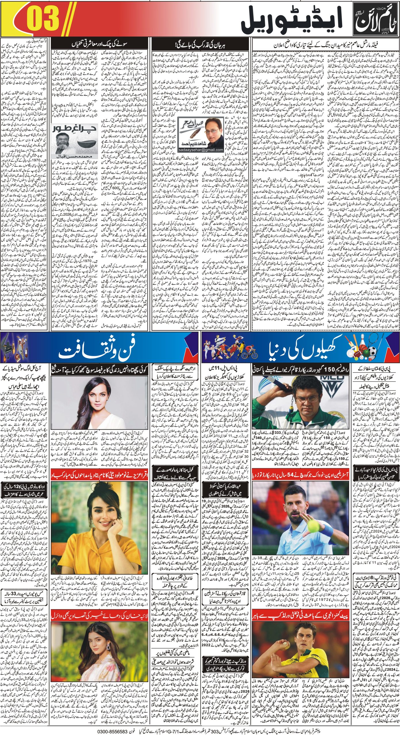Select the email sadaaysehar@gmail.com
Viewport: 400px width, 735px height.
point(201,150)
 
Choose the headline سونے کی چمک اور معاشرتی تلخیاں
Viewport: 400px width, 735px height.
point(99,45)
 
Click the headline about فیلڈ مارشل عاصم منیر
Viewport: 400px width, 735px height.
point(325,45)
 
